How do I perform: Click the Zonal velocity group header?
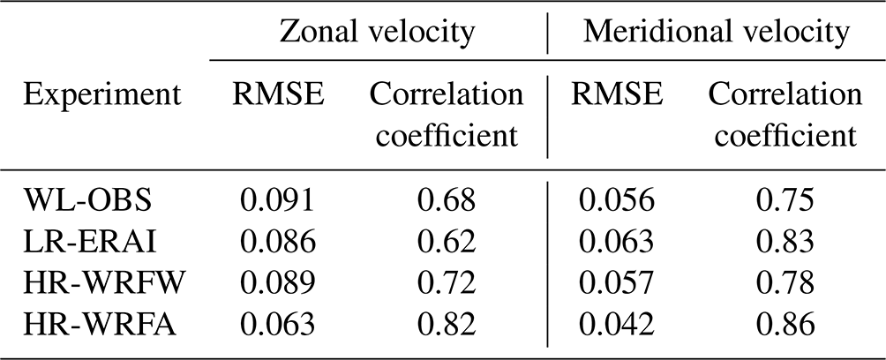click(377, 34)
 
